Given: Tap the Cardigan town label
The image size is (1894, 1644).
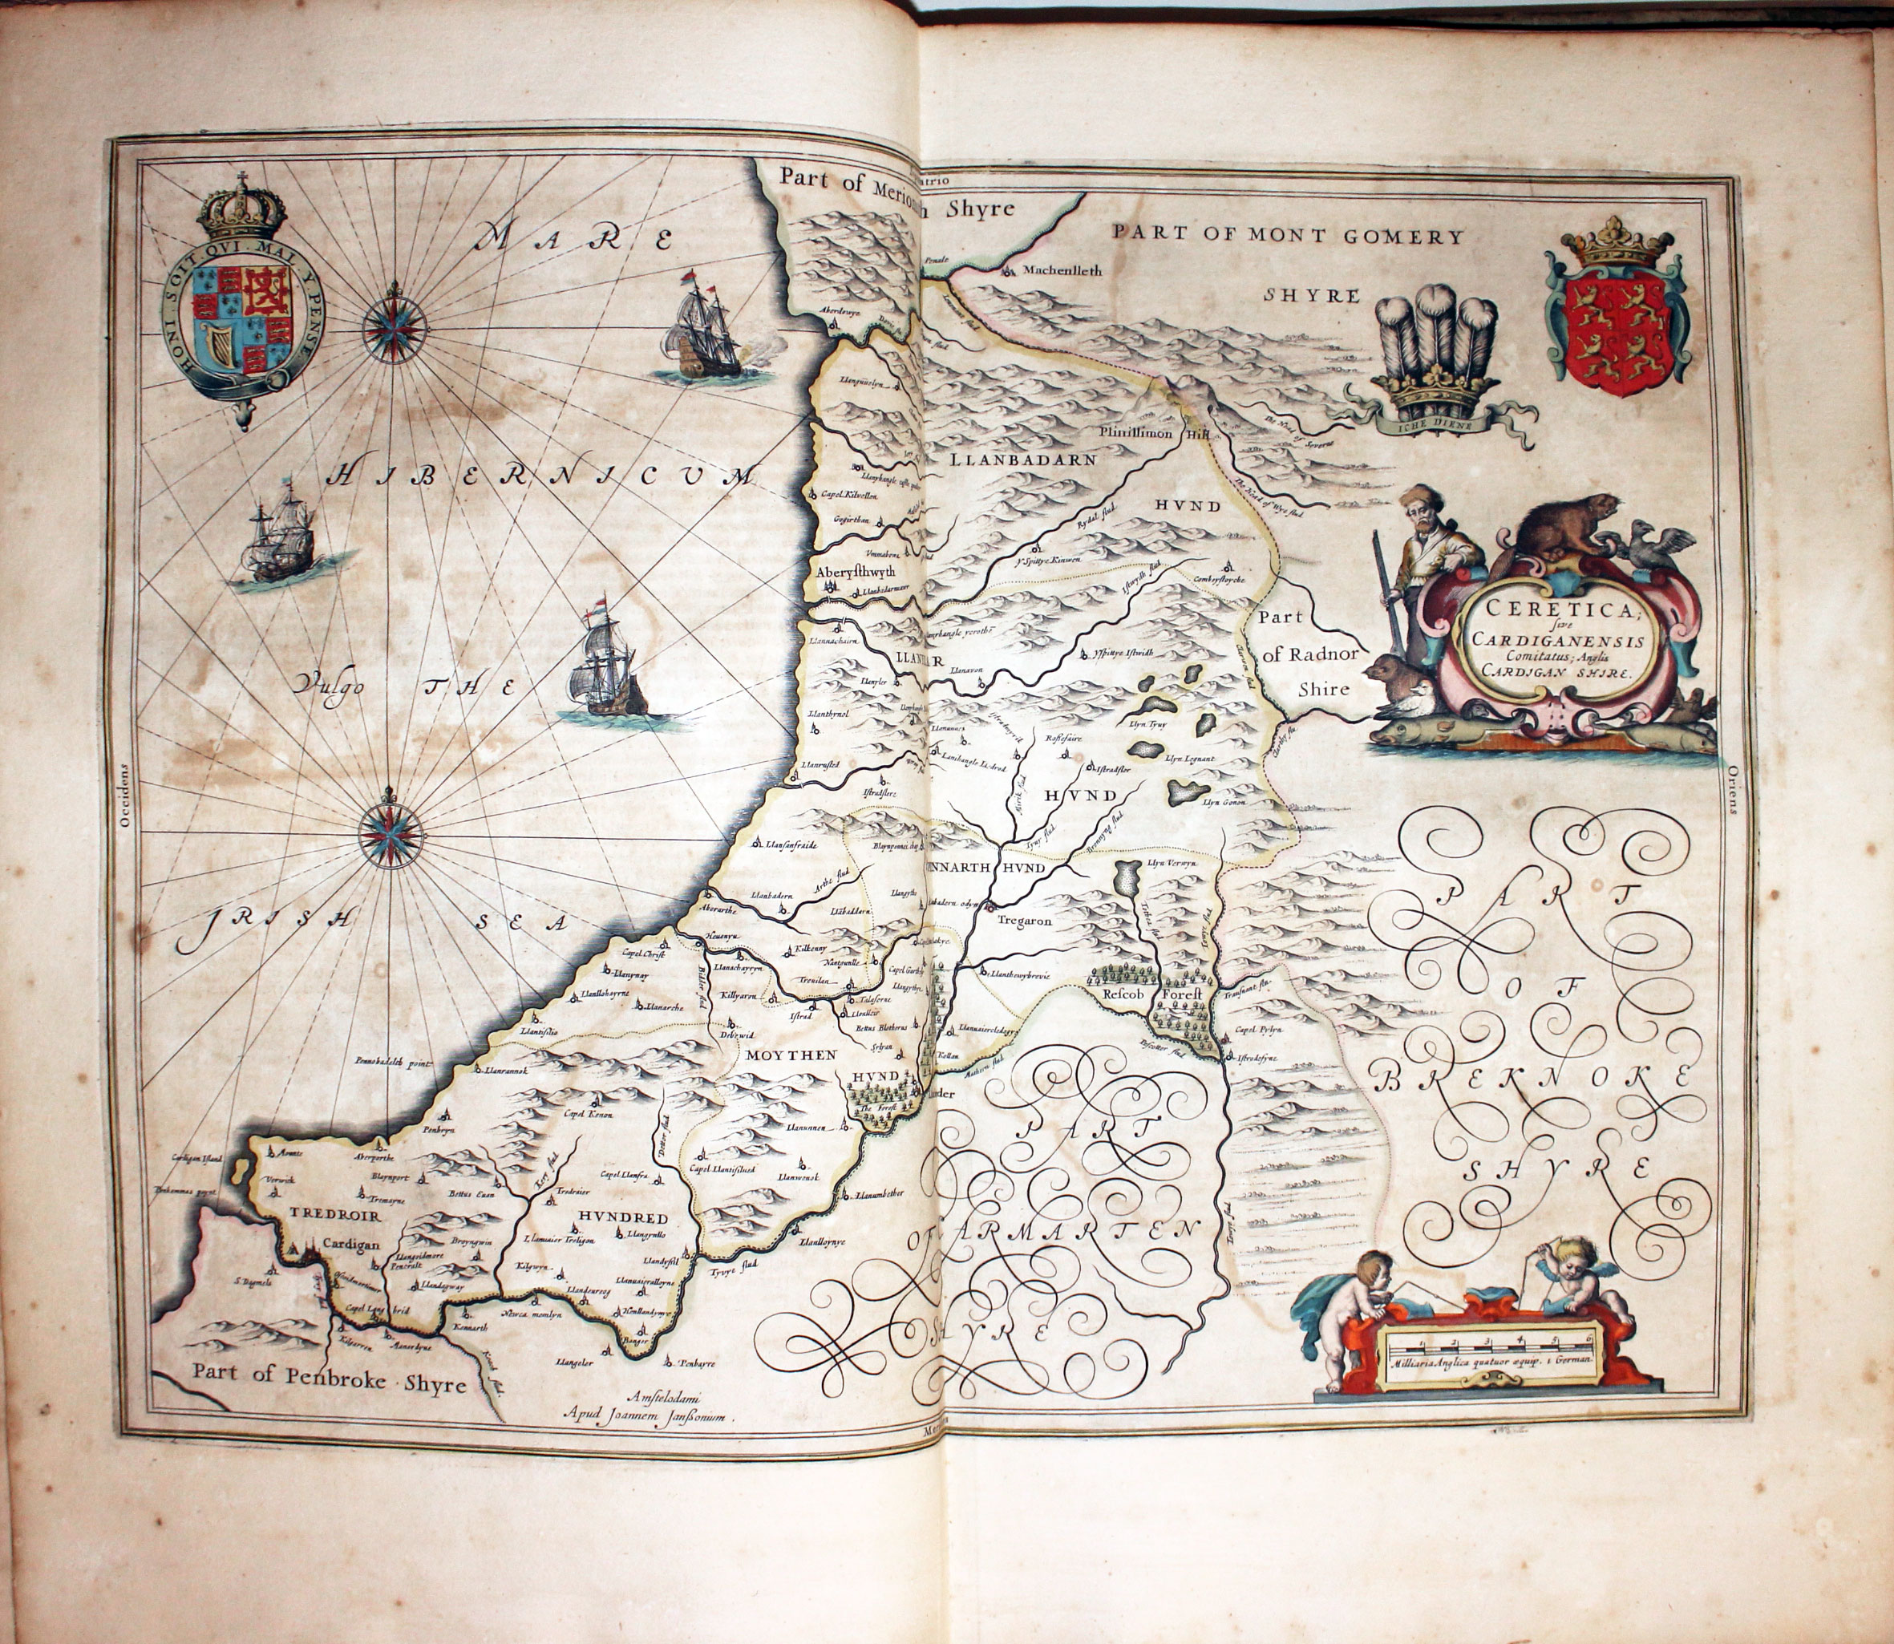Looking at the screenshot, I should [350, 1245].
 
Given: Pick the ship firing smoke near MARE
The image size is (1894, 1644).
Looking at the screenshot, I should [706, 330].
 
